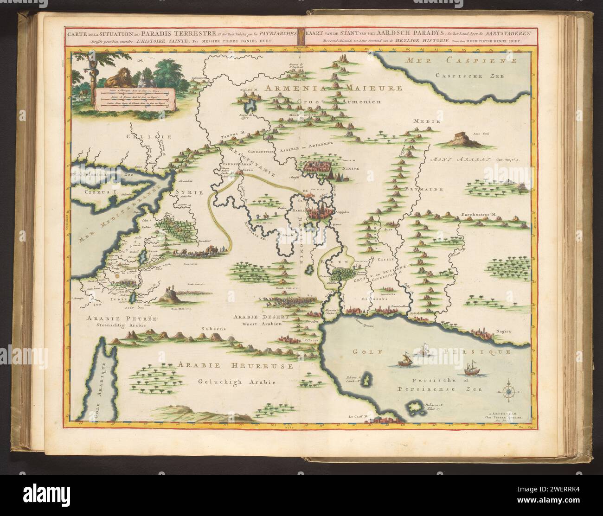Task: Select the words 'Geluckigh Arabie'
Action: [x=234, y=382]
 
